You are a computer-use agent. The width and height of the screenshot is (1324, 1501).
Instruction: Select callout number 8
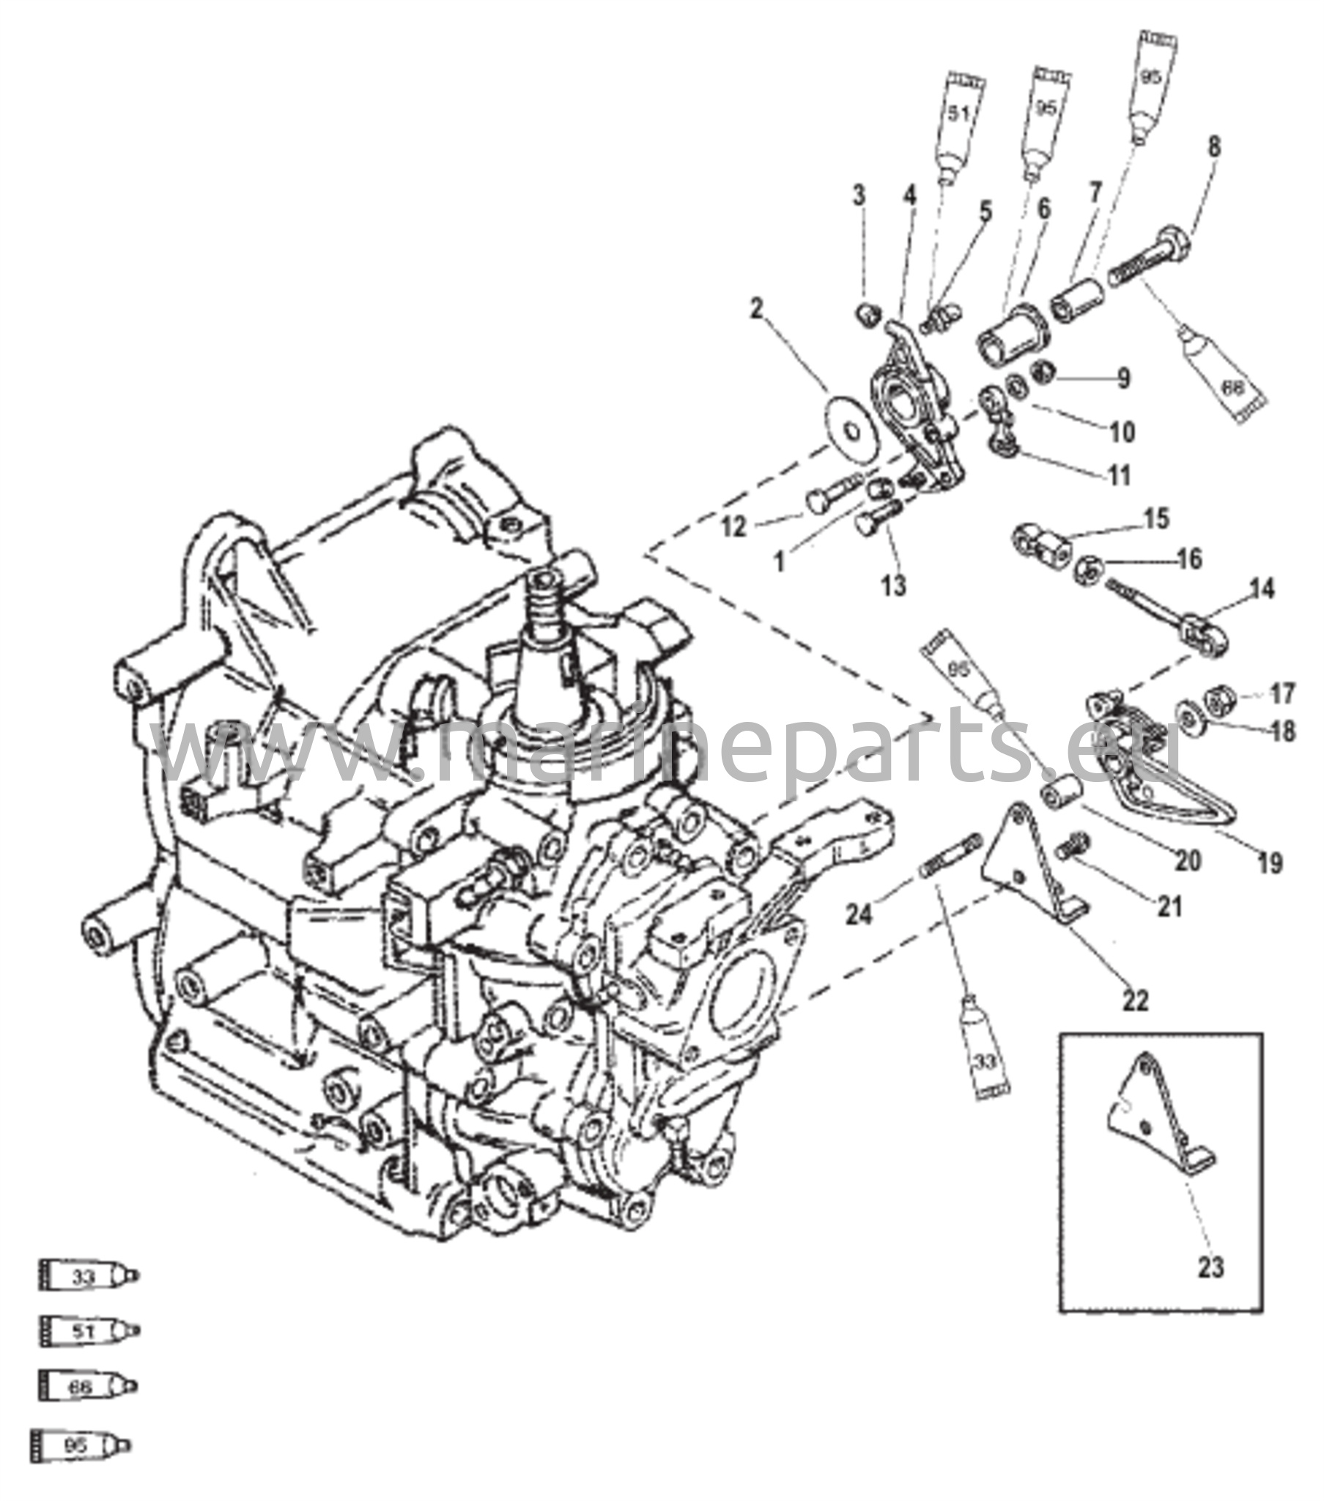(x=1214, y=147)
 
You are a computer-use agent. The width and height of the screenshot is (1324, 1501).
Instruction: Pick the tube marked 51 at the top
(x=960, y=125)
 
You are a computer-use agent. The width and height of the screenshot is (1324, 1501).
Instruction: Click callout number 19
(x=1270, y=863)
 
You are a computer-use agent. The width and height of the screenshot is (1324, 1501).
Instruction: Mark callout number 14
(x=1262, y=589)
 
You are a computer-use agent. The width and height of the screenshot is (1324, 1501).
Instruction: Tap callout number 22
(x=1135, y=1000)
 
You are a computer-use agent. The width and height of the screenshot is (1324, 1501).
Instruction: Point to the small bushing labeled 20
(x=1061, y=794)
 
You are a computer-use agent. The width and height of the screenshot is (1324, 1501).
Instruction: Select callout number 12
(x=733, y=526)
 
